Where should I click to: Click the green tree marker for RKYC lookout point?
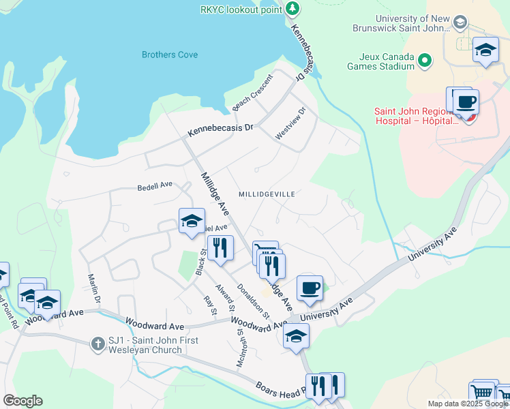coord(292,8)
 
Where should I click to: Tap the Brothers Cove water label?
coord(170,55)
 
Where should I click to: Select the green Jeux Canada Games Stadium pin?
coord(425,61)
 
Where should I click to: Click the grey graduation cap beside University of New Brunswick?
coord(460,23)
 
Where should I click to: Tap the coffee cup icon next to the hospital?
coord(466,102)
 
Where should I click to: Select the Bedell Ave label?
coord(155,185)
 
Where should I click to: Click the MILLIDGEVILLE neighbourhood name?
coord(267,194)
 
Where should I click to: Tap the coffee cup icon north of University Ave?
coord(310,287)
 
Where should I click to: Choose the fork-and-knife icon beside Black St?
coord(220,247)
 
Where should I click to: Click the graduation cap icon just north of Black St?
coord(192,220)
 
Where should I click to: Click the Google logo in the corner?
coord(22,401)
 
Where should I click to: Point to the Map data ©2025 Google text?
coord(466,404)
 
